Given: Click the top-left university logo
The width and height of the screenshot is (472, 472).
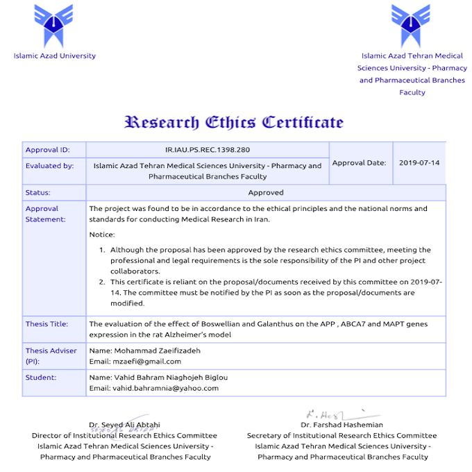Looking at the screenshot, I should pos(54,23).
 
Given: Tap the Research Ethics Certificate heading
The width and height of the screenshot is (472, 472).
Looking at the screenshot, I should pos(233,123).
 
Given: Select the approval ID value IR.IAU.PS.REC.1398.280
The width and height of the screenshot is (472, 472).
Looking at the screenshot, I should pos(208,149).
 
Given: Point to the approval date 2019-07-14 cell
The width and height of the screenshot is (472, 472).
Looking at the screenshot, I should pos(419,163).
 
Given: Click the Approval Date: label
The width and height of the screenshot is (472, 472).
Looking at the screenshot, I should pos(359,163).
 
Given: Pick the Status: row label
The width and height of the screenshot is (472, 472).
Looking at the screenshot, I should pos(37,192).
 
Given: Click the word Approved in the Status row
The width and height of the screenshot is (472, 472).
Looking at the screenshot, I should pos(266,192).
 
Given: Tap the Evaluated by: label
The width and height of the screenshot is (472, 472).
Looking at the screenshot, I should pos(49,166).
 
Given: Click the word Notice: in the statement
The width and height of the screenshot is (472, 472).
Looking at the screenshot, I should pos(102,235).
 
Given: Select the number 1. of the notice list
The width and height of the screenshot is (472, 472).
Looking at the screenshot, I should pos(101,250).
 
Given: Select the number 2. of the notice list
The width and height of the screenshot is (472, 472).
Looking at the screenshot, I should pos(101,282).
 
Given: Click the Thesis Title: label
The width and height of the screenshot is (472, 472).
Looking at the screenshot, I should pos(47,324).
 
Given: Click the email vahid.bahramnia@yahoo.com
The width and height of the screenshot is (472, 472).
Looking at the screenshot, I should pos(154,388).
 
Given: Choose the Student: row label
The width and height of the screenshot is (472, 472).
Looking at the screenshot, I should pos(40,378).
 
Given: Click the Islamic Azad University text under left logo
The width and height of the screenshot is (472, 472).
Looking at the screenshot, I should pos(55,56).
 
